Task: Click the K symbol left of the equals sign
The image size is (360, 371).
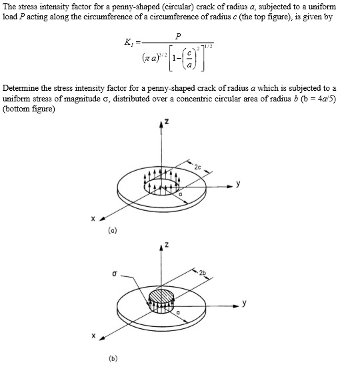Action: point(127,44)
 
